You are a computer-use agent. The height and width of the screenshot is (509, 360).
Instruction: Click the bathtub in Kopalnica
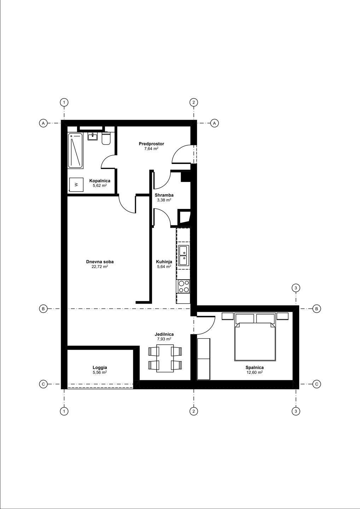click(x=75, y=151)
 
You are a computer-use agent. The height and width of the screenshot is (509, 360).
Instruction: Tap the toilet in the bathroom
click(x=106, y=139)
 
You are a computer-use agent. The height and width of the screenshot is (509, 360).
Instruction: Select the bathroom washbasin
click(x=93, y=136)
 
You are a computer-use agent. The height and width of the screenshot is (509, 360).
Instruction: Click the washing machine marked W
click(x=76, y=184)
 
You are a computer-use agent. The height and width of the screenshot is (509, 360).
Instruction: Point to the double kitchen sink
click(x=184, y=255)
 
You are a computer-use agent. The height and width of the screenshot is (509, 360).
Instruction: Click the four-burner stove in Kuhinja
click(x=184, y=286)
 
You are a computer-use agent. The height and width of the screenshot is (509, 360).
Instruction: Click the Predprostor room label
click(x=151, y=144)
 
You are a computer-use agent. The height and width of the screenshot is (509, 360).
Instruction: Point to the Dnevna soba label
click(x=100, y=262)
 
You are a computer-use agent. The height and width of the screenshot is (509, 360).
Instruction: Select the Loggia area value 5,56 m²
click(x=100, y=372)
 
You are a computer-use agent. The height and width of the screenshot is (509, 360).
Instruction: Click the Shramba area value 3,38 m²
click(x=164, y=200)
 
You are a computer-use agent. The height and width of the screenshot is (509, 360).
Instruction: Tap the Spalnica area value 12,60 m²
click(x=255, y=372)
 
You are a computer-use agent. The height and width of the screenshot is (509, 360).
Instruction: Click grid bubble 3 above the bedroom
click(x=296, y=288)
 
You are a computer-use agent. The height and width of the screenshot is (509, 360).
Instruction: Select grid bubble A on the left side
click(x=43, y=123)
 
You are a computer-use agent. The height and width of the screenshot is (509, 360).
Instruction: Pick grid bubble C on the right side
click(x=317, y=384)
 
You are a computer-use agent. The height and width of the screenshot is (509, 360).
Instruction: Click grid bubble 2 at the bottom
click(x=194, y=411)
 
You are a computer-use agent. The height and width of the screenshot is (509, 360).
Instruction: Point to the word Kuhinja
click(x=164, y=262)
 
